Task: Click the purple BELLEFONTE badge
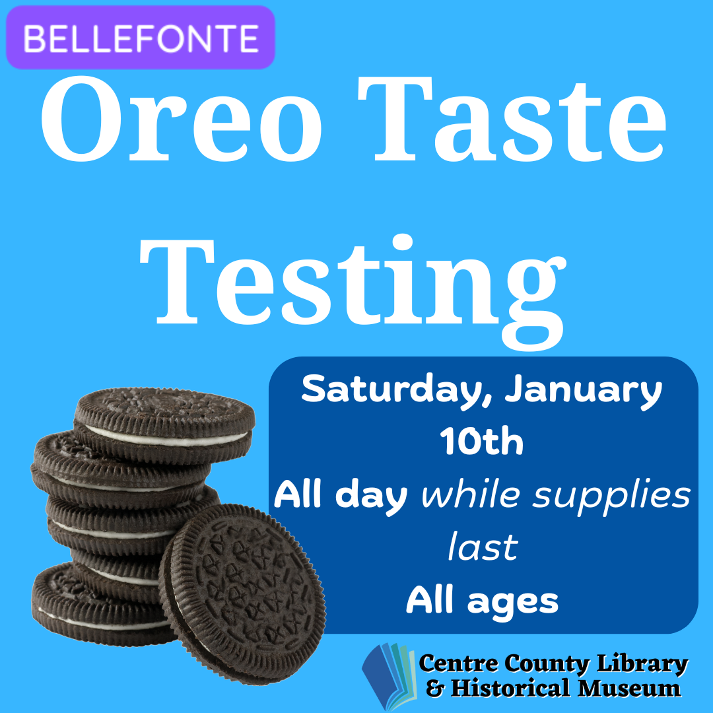tap(140, 38)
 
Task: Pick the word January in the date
tap(584, 392)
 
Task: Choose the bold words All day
tap(341, 496)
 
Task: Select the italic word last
tap(483, 548)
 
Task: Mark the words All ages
tap(483, 601)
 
